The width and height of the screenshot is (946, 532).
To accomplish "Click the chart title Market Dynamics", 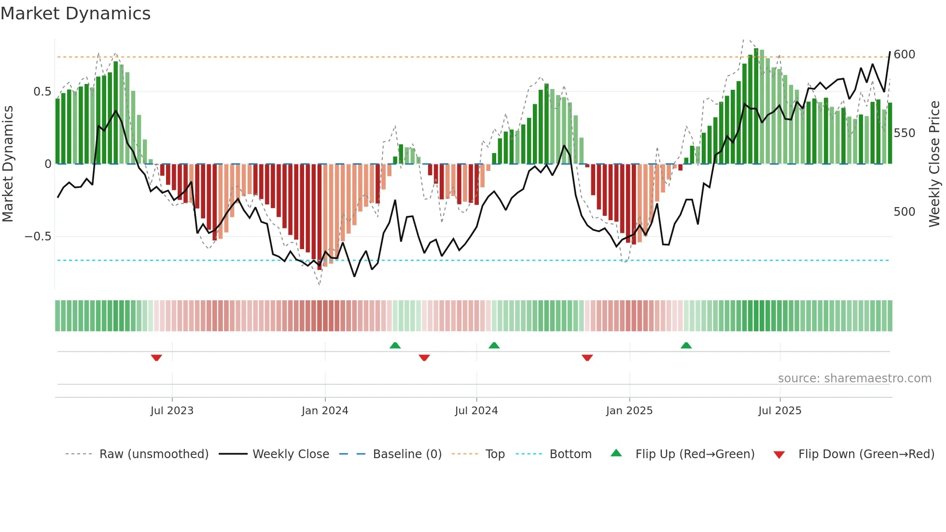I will point(75,14).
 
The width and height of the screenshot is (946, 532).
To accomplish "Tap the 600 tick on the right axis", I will point(904,55).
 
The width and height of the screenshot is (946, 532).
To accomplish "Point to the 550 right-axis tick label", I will point(904,133).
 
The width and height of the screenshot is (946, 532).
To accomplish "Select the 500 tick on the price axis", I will point(904,212).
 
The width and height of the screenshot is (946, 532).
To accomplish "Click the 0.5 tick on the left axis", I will point(42,92).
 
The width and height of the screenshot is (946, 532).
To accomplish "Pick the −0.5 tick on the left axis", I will point(38,237).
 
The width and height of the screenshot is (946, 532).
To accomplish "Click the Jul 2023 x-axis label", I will point(172,411).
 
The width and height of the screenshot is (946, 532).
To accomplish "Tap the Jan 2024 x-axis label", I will point(325,411).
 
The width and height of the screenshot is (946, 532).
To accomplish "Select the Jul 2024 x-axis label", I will point(476,411).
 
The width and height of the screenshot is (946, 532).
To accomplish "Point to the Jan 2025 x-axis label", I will point(629,411).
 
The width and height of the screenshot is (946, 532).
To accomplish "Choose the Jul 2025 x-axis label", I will point(779,411).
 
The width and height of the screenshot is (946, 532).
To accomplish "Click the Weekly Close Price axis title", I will point(934,164).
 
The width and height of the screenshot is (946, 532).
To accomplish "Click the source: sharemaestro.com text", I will point(854,378).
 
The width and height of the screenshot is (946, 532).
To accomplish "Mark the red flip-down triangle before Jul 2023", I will point(156,358).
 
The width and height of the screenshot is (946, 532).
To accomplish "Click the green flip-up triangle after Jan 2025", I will point(686,345).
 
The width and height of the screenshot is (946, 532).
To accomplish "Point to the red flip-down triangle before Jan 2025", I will point(587,358).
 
